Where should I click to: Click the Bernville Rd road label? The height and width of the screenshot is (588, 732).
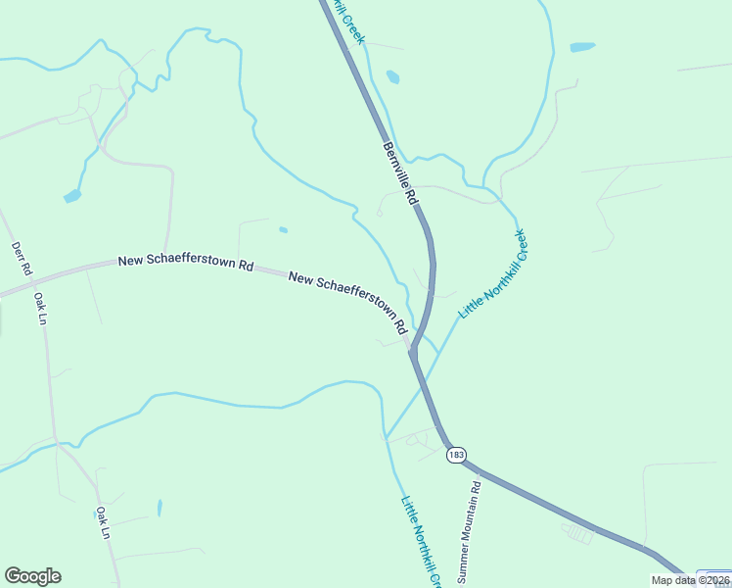click(x=400, y=173)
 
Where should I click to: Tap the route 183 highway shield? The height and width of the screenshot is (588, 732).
click(x=455, y=456)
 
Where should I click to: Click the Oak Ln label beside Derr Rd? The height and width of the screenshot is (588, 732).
click(x=40, y=308)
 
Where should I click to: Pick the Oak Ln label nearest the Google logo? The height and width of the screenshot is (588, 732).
click(x=103, y=522)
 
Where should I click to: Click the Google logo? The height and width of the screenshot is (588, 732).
click(x=32, y=576)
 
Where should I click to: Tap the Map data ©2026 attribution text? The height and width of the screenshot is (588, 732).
click(x=691, y=580)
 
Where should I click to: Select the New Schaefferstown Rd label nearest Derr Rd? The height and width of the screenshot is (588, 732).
click(x=186, y=264)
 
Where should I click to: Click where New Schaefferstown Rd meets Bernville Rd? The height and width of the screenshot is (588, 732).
click(x=413, y=353)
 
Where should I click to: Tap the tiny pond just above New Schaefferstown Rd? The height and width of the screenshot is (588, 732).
click(x=283, y=230)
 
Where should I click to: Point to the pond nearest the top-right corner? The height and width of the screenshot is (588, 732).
click(x=582, y=47)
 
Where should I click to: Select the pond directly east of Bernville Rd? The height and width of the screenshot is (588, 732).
click(x=392, y=76)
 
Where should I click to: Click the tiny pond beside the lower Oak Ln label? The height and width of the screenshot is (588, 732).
click(x=159, y=508)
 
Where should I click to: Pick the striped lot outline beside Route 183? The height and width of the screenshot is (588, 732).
click(x=578, y=533)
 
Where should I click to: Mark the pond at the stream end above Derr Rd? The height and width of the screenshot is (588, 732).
click(x=72, y=197)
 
